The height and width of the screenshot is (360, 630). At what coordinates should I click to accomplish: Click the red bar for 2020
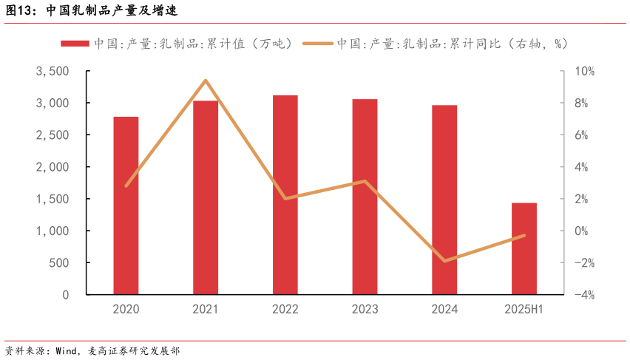coord(126,206)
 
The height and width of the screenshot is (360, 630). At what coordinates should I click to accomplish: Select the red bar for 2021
coord(206,197)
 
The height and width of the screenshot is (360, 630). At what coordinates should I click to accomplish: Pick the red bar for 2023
coord(365,197)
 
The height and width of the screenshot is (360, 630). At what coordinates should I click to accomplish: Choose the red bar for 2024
coord(444,200)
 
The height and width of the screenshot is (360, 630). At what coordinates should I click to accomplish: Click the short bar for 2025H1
coord(524,248)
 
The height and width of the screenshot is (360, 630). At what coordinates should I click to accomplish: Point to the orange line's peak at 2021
coord(206,81)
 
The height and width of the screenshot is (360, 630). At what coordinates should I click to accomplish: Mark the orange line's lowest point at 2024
coord(444,261)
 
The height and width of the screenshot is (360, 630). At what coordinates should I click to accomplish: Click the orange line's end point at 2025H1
coord(524,236)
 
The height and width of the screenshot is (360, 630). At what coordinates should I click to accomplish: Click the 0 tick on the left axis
coord(65,295)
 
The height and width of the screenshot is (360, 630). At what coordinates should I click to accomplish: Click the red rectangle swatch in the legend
coord(75,44)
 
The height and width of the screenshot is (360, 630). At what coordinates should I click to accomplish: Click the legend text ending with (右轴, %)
coord(453,44)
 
